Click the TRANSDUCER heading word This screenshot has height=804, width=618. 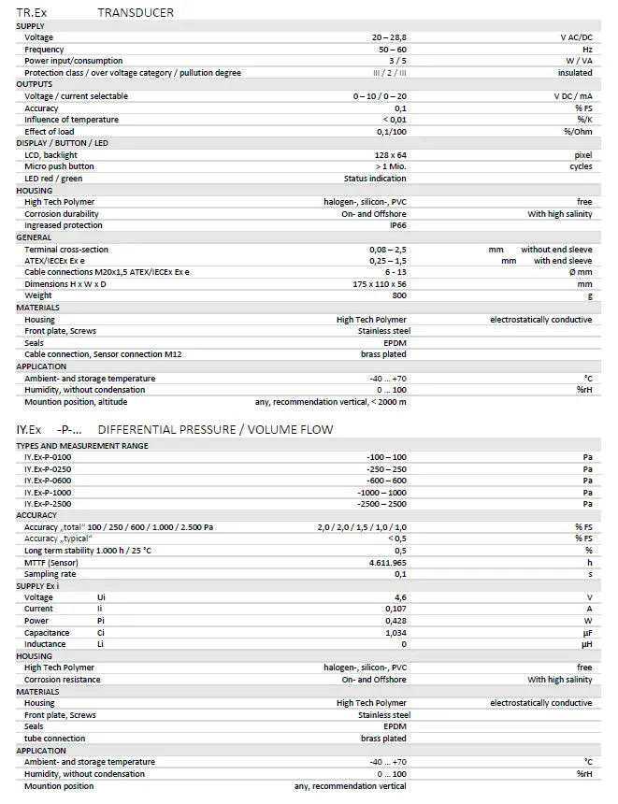coord(136,12)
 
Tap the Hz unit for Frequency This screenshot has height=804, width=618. coord(587,50)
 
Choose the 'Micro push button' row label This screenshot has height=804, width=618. coord(59,166)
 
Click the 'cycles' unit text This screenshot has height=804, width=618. coord(581,166)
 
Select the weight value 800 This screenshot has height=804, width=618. coord(399,295)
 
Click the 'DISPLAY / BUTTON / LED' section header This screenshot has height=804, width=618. coord(63,143)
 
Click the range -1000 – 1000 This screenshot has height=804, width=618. coord(381,493)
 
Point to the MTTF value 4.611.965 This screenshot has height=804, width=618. coord(388,563)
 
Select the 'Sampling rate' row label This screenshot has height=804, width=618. coord(50,574)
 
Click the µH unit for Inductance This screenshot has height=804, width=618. coord(587,644)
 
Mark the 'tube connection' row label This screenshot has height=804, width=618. coord(54,739)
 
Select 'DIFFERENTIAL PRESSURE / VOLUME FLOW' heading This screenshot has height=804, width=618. coord(215,429)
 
